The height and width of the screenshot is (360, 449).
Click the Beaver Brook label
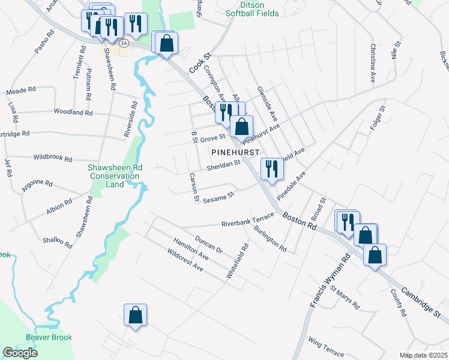(x=49, y=337)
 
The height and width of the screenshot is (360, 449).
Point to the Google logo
(x=20, y=352)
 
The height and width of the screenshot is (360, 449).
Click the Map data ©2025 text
(x=423, y=355)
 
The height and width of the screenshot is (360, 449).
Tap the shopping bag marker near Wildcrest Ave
(x=136, y=314)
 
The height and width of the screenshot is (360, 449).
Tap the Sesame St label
(x=218, y=196)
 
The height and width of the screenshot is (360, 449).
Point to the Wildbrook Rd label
(x=53, y=159)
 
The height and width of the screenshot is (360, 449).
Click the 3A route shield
(x=124, y=43)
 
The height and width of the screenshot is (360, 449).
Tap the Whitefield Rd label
(x=237, y=260)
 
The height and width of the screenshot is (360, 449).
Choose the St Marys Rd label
(x=346, y=297)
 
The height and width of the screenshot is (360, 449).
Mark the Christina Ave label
(x=373, y=62)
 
